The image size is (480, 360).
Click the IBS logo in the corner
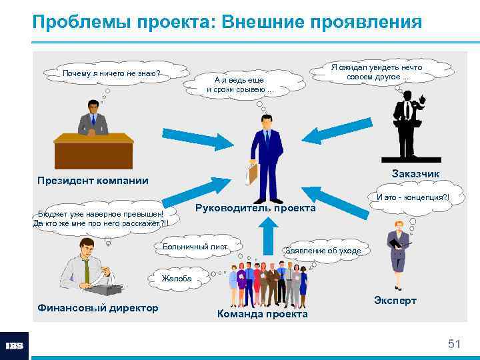click(x=14, y=345)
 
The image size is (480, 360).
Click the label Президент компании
click(x=93, y=181)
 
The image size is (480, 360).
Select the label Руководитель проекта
click(x=255, y=208)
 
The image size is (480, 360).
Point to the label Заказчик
click(x=415, y=174)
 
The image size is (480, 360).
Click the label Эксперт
click(x=395, y=301)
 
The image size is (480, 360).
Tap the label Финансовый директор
click(x=98, y=307)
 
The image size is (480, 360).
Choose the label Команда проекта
click(x=263, y=313)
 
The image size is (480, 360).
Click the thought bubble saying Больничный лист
click(x=195, y=247)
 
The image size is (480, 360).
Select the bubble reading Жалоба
click(x=177, y=279)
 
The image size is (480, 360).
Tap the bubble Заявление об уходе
click(x=323, y=251)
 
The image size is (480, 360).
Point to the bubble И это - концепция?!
click(x=413, y=197)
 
